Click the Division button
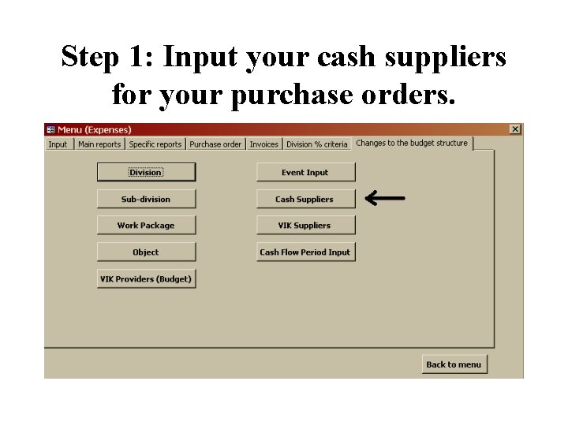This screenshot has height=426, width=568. click(x=146, y=173)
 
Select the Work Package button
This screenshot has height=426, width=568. click(x=146, y=226)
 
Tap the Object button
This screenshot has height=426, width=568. click(x=146, y=252)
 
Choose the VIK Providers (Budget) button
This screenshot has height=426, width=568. click(x=146, y=279)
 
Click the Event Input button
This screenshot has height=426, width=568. click(x=305, y=173)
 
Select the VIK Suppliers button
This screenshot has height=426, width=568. click(x=305, y=226)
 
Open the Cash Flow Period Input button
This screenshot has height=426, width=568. click(x=305, y=252)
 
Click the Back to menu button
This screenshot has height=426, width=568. click(x=454, y=364)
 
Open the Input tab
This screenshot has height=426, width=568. click(x=58, y=144)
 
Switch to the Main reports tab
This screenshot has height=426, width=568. click(x=99, y=144)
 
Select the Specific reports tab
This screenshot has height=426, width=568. click(x=155, y=144)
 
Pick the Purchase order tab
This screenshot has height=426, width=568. click(x=215, y=144)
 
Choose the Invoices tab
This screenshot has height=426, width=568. click(x=264, y=144)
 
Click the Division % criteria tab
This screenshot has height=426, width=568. click(x=317, y=144)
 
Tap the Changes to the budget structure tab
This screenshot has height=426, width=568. click(x=412, y=144)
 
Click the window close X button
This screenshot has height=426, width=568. click(x=515, y=129)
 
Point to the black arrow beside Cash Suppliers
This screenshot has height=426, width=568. click(x=386, y=199)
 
